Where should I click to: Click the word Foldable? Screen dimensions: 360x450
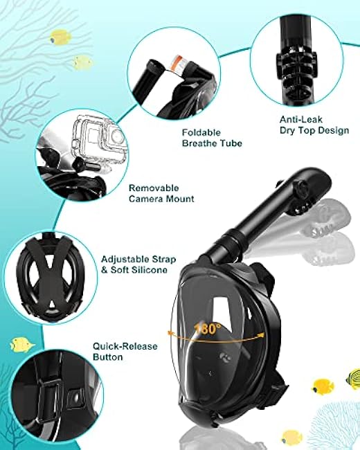pos(201,133)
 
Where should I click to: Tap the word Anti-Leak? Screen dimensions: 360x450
pos(297,119)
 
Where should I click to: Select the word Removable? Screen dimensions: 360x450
pos(154,188)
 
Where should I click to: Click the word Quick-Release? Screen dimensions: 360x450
pos(125,346)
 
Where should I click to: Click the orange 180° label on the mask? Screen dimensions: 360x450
pos(208,328)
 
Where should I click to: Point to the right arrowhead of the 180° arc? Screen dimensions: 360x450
pos(261,334)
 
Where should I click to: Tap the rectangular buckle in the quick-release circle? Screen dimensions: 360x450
pos(51,397)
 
